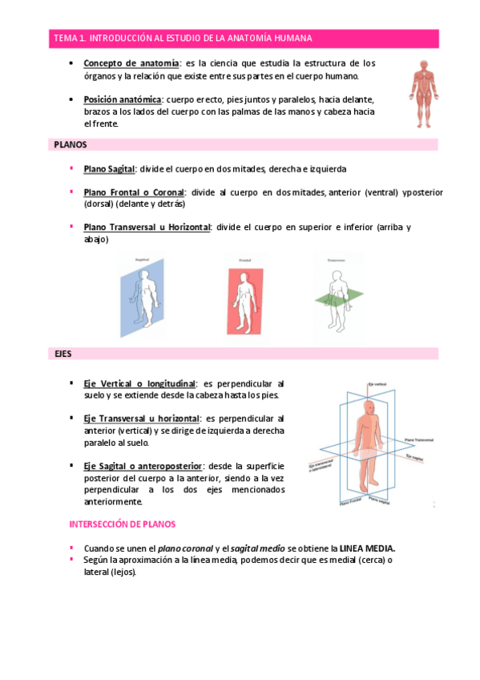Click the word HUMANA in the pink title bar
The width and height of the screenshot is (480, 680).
(293, 38)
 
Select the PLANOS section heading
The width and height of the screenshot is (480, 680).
(71, 145)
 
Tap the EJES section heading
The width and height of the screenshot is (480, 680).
(63, 353)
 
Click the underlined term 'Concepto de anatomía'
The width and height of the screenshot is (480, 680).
(131, 63)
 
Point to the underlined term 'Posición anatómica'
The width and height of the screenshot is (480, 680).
(123, 99)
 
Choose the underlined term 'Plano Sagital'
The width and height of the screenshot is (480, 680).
(110, 169)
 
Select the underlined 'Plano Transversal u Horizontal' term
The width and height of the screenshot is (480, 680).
(147, 227)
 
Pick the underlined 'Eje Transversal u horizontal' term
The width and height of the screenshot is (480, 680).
(141, 419)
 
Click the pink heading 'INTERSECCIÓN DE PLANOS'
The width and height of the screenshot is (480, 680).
(123, 524)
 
